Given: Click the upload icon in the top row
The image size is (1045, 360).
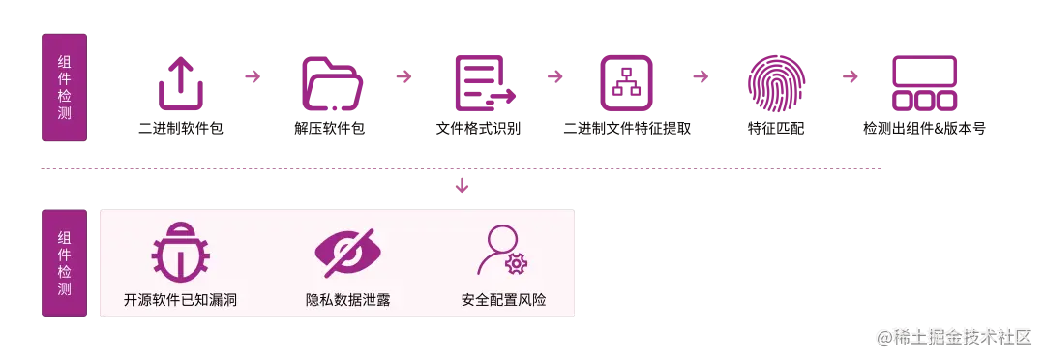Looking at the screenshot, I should pos(181,84).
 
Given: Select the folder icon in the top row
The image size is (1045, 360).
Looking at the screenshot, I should pos(332,82).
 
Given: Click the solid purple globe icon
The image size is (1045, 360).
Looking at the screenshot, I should pos(774,82).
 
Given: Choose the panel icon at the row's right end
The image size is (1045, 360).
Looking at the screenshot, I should pos(924,84).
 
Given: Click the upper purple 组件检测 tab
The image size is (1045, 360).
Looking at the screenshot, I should pos(64,89).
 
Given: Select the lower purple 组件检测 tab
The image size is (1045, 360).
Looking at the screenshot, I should pos(64,262).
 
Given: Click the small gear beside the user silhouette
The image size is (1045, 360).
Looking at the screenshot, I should pos(517,263).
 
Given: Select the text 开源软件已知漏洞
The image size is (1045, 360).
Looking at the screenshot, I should pos(181,300).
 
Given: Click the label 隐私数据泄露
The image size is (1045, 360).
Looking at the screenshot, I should pos(348,300).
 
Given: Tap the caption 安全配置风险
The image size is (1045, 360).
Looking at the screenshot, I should pos(504,300).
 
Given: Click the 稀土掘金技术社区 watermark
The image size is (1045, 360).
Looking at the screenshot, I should pos(952,336).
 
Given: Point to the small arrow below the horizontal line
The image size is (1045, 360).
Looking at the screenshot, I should pos(463,184).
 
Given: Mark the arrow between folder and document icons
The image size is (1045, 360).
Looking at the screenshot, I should pos(406,75).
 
